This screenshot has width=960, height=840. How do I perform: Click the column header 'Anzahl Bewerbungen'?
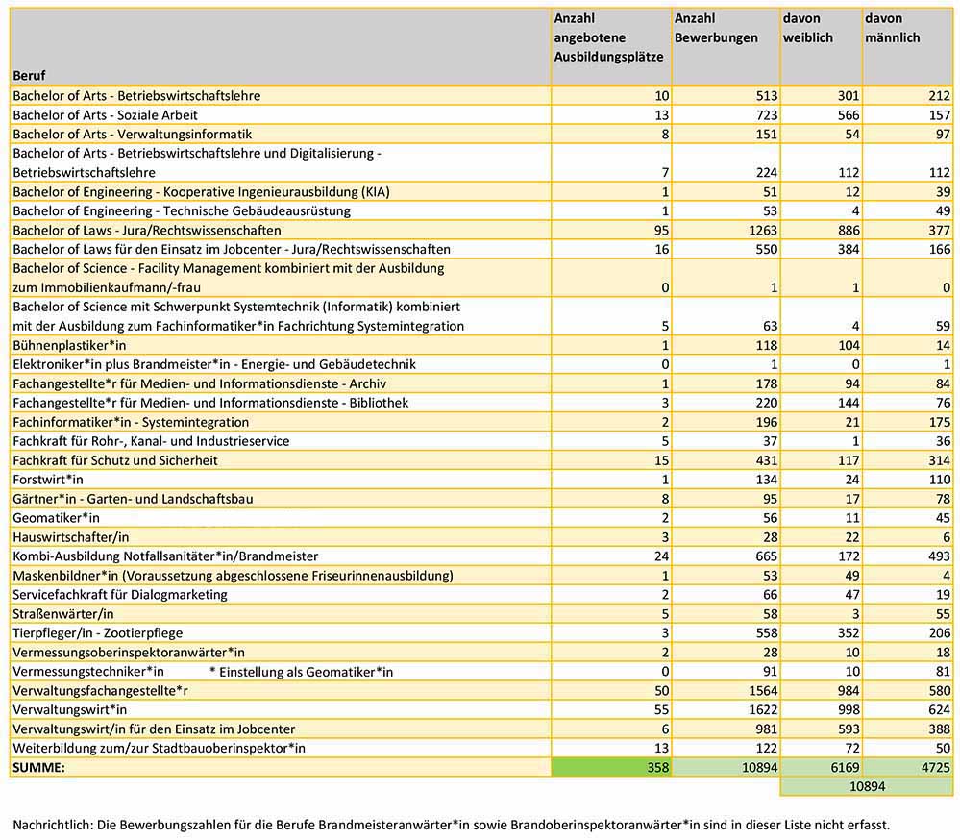716,28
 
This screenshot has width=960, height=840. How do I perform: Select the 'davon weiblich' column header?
807,28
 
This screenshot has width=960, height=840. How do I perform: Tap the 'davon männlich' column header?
892,28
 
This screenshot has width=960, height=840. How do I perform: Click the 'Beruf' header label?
29,75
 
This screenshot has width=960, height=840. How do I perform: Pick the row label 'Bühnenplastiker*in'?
69,345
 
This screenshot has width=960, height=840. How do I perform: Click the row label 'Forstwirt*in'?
48,480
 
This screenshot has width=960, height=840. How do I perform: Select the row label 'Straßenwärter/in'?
63,613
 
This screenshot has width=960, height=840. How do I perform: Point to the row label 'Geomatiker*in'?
56,518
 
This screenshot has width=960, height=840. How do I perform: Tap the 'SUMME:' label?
38,767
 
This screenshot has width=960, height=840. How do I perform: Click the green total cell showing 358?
611,767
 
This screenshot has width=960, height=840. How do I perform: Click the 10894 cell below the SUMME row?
867,786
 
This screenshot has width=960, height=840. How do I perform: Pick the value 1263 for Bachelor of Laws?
762,231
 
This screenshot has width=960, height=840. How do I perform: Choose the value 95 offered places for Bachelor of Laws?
661,231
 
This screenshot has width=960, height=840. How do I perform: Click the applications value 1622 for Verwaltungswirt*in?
762,709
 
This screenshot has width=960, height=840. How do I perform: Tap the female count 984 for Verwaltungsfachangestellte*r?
849,691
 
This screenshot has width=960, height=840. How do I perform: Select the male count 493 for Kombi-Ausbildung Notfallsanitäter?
939,556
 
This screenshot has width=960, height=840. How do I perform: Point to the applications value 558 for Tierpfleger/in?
767,633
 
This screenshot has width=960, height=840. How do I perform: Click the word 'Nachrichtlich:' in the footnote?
52,825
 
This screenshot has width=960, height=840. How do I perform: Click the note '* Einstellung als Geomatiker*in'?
301,672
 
